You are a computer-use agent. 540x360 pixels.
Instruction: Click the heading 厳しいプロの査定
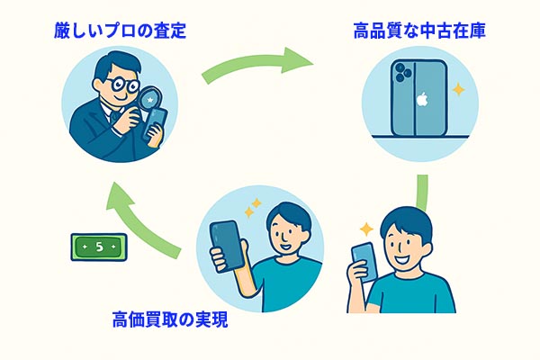tap(120, 31)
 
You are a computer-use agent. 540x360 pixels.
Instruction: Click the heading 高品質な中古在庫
tap(419, 31)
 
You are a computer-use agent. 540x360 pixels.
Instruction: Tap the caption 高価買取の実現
tap(170, 319)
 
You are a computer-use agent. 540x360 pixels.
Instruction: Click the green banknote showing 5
tap(99, 247)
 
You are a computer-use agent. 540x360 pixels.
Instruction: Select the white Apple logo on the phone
tap(422, 100)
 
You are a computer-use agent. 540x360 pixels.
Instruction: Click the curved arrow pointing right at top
tap(257, 64)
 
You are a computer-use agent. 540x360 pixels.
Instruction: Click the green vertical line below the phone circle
tap(422, 192)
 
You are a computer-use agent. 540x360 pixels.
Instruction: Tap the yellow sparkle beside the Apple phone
tap(458, 90)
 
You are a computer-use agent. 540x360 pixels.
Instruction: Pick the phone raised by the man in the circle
tap(228, 247)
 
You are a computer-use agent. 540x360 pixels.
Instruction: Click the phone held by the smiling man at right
tap(364, 262)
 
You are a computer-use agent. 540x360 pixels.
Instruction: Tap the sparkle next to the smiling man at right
tap(366, 229)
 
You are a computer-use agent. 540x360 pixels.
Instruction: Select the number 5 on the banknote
tap(99, 247)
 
